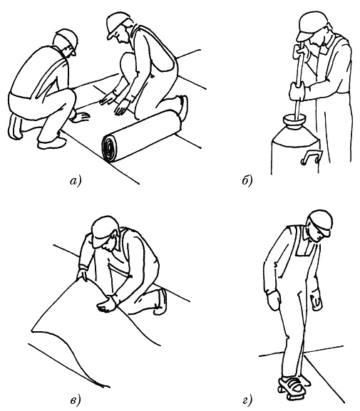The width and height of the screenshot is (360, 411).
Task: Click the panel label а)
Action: click(76, 181)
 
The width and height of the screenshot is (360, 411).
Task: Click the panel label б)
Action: click(247, 181)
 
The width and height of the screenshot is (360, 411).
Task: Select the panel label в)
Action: click(76, 400)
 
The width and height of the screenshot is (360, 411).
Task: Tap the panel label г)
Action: click(247, 400)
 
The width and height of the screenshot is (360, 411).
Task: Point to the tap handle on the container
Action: click(311, 158)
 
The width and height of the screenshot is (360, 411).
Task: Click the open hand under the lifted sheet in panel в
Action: click(106, 305)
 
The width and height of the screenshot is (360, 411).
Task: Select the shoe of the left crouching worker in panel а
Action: click(52, 143)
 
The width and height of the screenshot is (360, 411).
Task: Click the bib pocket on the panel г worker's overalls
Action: click(304, 248)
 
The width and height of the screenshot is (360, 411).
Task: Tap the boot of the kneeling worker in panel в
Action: click(161, 301)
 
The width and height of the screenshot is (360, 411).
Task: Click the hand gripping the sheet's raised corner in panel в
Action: click(83, 274)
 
